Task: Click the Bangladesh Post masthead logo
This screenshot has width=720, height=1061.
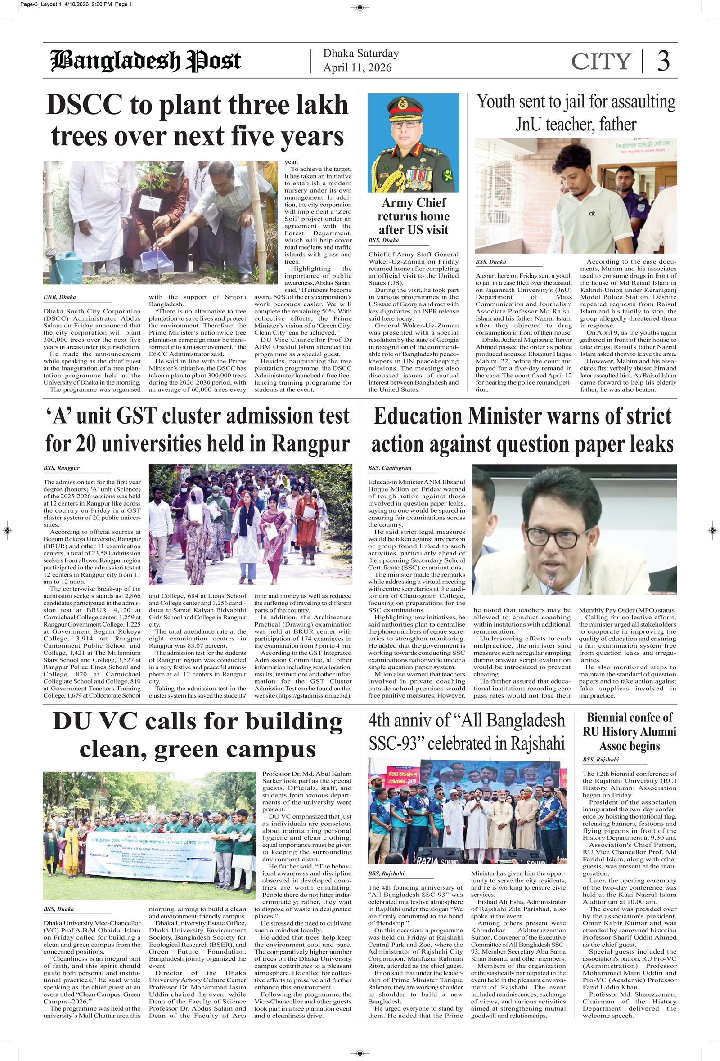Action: click(x=146, y=61)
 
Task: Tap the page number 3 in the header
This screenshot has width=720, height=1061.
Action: click(x=663, y=61)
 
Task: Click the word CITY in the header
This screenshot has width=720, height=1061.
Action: click(x=601, y=61)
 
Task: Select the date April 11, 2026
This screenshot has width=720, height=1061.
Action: click(x=357, y=67)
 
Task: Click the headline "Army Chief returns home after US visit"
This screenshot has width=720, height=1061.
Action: click(x=413, y=216)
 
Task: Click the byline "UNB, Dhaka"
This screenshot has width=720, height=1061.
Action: click(x=60, y=297)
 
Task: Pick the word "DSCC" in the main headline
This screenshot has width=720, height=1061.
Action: click(x=85, y=105)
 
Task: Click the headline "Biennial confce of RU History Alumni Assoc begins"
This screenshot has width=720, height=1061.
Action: click(x=629, y=732)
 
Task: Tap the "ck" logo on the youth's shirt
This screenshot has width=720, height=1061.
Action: click(x=592, y=213)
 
